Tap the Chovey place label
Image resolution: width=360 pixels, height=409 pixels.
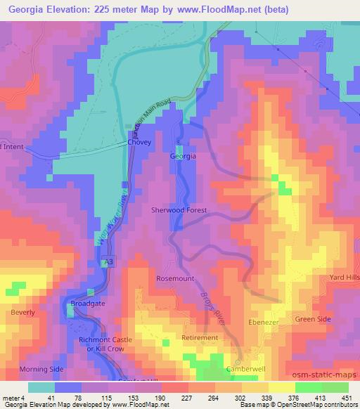click(x=139, y=143)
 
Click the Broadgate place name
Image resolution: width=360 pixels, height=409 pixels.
click(x=88, y=304)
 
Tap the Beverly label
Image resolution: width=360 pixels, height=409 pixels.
click(x=22, y=311)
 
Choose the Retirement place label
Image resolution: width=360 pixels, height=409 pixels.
click(x=200, y=338)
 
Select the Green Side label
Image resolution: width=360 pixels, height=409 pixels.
click(x=314, y=320)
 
